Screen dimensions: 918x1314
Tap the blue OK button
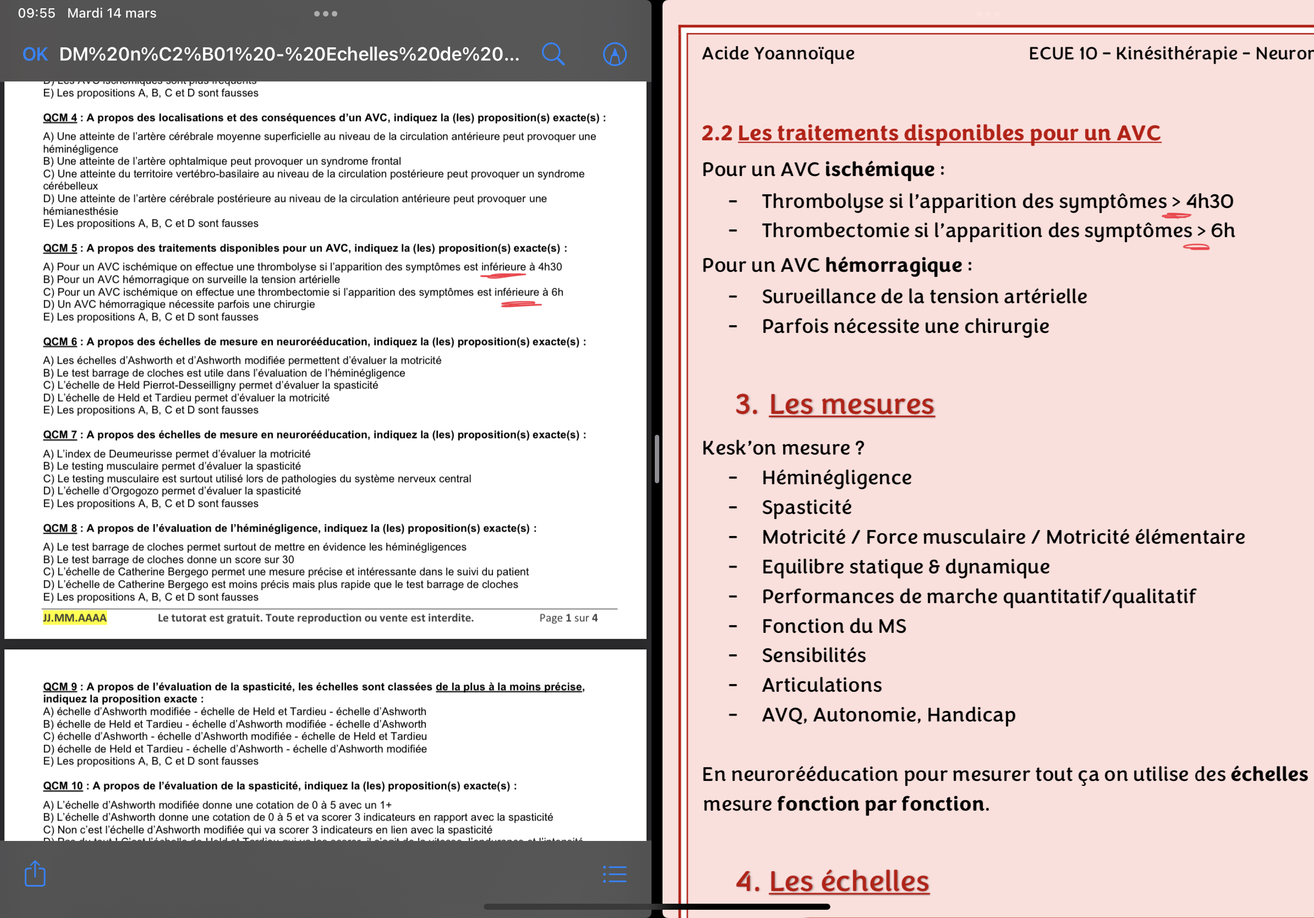pyautogui.click(x=35, y=54)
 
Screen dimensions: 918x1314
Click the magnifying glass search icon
pyautogui.click(x=553, y=54)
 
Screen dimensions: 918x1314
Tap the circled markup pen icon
pyautogui.click(x=615, y=54)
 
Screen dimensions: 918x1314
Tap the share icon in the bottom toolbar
pyautogui.click(x=35, y=873)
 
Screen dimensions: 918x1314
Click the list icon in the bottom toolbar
pyautogui.click(x=615, y=874)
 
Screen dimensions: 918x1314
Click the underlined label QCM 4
pyautogui.click(x=59, y=118)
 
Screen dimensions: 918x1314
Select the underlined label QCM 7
pyautogui.click(x=59, y=435)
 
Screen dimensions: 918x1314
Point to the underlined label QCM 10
pyautogui.click(x=62, y=786)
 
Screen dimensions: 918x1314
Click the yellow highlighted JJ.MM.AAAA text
pyautogui.click(x=74, y=618)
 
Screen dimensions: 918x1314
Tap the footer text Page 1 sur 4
pyautogui.click(x=568, y=618)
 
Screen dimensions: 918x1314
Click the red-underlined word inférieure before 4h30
pyautogui.click(x=503, y=267)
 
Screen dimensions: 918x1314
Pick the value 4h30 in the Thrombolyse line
pyautogui.click(x=1209, y=201)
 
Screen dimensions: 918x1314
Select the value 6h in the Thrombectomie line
pyautogui.click(x=1223, y=230)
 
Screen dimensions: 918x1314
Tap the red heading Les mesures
pyautogui.click(x=851, y=404)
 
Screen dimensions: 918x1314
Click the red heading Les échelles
pyautogui.click(x=848, y=881)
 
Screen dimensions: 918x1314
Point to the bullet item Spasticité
pyautogui.click(x=806, y=507)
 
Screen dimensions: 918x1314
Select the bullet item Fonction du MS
pyautogui.click(x=833, y=626)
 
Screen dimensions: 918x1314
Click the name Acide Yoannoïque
pyautogui.click(x=778, y=53)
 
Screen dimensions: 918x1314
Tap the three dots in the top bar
pyautogui.click(x=325, y=14)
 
